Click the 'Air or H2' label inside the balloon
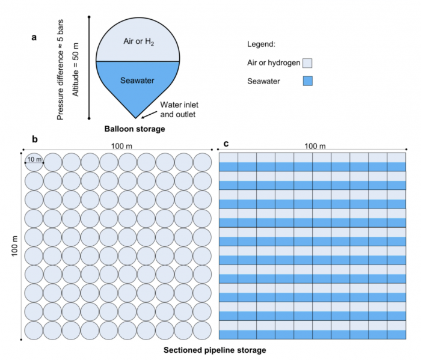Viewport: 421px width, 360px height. pyautogui.click(x=138, y=41)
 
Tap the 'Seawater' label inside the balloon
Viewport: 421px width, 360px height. pyautogui.click(x=137, y=81)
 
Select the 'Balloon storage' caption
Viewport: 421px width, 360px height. pyautogui.click(x=135, y=129)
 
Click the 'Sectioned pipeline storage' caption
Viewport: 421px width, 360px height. pyautogui.click(x=215, y=350)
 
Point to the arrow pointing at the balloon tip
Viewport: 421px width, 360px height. pyautogui.click(x=149, y=115)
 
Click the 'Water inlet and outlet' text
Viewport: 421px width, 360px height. pyautogui.click(x=179, y=109)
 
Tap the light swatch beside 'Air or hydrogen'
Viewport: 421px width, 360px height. pyautogui.click(x=307, y=63)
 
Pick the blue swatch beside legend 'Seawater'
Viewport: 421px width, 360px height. pyautogui.click(x=308, y=81)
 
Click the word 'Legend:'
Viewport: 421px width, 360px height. pyautogui.click(x=261, y=44)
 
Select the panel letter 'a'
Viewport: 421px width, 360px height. pyautogui.click(x=34, y=37)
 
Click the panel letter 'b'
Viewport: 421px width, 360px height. pyautogui.click(x=35, y=139)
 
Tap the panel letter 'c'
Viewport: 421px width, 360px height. pyautogui.click(x=226, y=144)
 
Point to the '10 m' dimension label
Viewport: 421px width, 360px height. pyautogui.click(x=35, y=159)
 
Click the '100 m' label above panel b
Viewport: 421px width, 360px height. pyautogui.click(x=121, y=146)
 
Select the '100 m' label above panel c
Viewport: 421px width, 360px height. pyautogui.click(x=315, y=146)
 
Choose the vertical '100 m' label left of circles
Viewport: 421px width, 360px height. pyautogui.click(x=14, y=246)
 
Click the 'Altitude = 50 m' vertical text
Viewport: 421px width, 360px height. pyautogui.click(x=76, y=70)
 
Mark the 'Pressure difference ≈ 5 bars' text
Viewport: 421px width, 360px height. pyautogui.click(x=60, y=70)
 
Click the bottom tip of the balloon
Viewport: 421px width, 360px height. pyautogui.click(x=135, y=118)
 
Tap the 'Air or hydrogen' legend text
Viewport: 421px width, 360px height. pyautogui.click(x=274, y=63)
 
